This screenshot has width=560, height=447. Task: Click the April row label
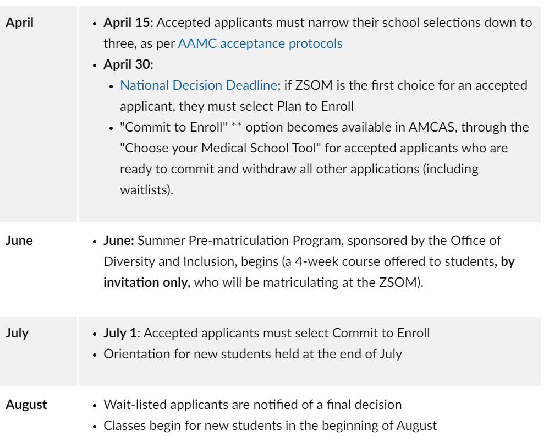click(19, 23)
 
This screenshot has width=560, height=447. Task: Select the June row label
click(19, 241)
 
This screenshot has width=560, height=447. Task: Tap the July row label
click(17, 333)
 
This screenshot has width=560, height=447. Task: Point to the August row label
click(26, 405)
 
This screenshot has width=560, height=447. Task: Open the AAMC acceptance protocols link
click(260, 43)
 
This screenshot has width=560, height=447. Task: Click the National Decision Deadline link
click(198, 85)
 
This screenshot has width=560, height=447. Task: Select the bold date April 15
click(127, 23)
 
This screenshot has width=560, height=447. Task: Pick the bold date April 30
click(127, 64)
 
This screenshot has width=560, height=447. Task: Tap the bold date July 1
click(120, 333)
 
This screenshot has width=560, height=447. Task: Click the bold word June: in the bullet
click(119, 241)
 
